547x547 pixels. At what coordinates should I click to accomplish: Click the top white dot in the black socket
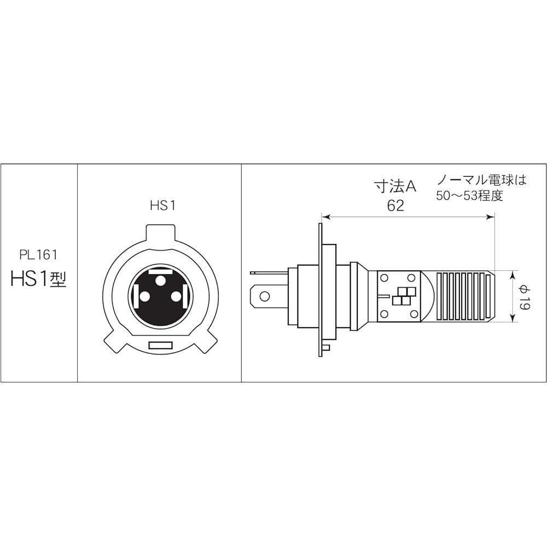[160, 281]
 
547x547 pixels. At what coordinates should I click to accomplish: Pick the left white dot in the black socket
[145, 296]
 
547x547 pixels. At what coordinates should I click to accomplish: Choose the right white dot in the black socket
[176, 296]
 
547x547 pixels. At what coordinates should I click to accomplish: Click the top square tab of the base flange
[160, 233]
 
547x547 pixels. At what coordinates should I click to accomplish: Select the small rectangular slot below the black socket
[160, 346]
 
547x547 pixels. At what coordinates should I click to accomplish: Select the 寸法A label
[395, 187]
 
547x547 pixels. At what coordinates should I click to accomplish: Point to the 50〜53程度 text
[469, 196]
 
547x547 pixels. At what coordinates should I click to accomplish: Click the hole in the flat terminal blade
[265, 296]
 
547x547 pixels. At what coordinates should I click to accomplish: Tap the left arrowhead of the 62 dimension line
[325, 217]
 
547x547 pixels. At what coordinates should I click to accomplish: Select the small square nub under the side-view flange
[326, 347]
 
